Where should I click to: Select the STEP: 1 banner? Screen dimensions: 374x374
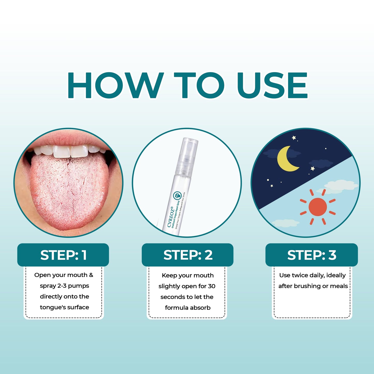pyautogui.click(x=63, y=255)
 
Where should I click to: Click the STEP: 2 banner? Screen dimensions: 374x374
pyautogui.click(x=188, y=255)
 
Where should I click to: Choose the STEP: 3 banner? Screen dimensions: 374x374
pyautogui.click(x=312, y=255)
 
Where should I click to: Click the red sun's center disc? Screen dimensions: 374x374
pyautogui.click(x=318, y=207)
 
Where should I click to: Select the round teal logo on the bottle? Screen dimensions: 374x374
pyautogui.click(x=177, y=195)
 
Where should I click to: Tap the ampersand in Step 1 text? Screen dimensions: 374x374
pyautogui.click(x=91, y=275)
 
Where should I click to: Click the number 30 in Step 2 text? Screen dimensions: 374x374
pyautogui.click(x=211, y=286)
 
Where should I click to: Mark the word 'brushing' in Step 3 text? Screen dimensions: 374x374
pyautogui.click(x=307, y=286)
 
